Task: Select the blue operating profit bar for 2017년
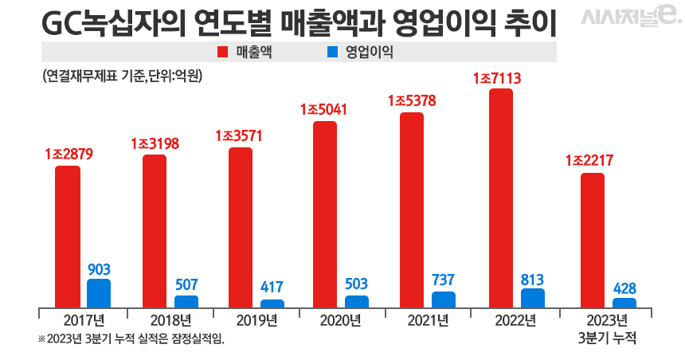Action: [x=99, y=293]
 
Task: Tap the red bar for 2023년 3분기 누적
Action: [x=592, y=240]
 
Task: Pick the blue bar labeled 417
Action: [x=272, y=303]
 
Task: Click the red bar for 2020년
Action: [x=325, y=214]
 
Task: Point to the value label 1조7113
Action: [x=499, y=78]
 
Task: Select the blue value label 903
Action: [x=99, y=268]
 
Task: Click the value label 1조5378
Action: [x=412, y=101]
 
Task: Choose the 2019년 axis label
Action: [x=256, y=321]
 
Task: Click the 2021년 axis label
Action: [x=428, y=321]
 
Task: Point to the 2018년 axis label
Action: [x=170, y=321]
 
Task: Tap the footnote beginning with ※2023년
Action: [x=131, y=339]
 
